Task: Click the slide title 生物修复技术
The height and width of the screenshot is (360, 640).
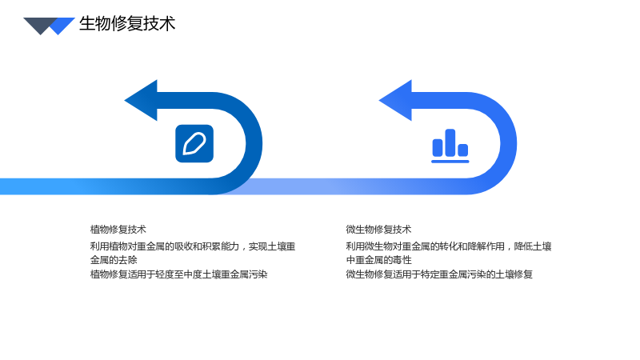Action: [x=127, y=24]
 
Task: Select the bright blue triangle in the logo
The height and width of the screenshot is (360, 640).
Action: [x=62, y=26]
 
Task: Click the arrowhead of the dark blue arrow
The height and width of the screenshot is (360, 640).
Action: [x=141, y=101]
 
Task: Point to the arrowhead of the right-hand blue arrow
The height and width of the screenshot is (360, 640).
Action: [x=395, y=101]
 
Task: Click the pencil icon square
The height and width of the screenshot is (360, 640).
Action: [x=194, y=144]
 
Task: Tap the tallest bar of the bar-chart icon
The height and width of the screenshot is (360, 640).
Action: [x=450, y=142]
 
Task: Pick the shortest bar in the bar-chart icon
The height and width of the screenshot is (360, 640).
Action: [x=463, y=150]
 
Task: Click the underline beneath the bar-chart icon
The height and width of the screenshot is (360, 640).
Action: [x=450, y=162]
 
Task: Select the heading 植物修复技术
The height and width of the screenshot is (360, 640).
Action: [x=118, y=230]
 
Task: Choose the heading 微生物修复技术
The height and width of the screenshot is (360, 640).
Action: [x=378, y=230]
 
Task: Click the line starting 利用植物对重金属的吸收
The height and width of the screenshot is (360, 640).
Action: [x=193, y=246]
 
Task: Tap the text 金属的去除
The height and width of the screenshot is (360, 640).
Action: [x=114, y=260]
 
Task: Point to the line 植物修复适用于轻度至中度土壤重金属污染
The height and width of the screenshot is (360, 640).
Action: [x=178, y=274]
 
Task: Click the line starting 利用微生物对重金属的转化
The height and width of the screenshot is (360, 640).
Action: [x=449, y=246]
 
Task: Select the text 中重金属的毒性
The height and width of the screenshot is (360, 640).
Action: [x=378, y=260]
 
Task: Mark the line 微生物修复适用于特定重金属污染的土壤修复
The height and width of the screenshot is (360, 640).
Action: [x=439, y=274]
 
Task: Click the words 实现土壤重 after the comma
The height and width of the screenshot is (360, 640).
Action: [x=272, y=246]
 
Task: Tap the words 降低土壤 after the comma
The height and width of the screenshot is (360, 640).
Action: [x=533, y=246]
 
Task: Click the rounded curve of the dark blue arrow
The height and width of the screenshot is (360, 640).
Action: [x=254, y=144]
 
